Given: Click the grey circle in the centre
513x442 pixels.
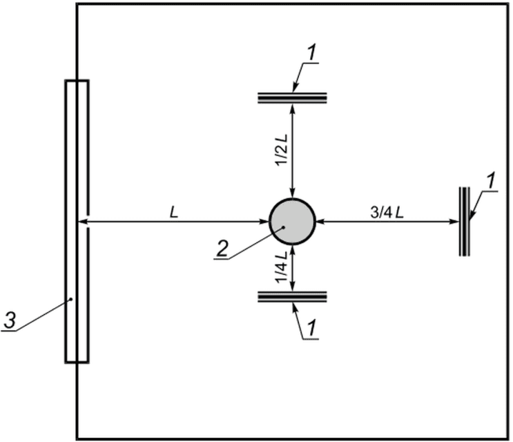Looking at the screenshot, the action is tap(292, 222).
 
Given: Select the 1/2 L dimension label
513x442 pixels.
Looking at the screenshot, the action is tap(282, 150).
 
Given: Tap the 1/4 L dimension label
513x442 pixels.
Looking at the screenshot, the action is tap(282, 267).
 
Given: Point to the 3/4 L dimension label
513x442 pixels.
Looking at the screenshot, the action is tap(387, 213).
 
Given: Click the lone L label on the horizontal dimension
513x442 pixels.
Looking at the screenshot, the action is tap(174, 213).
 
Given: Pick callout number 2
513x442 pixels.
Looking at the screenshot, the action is tap(222, 249).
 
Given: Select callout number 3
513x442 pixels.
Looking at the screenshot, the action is tap(10, 320).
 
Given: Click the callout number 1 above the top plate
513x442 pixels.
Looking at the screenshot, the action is tap(313, 53).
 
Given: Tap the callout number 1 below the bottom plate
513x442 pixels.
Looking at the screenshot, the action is tap(313, 328).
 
